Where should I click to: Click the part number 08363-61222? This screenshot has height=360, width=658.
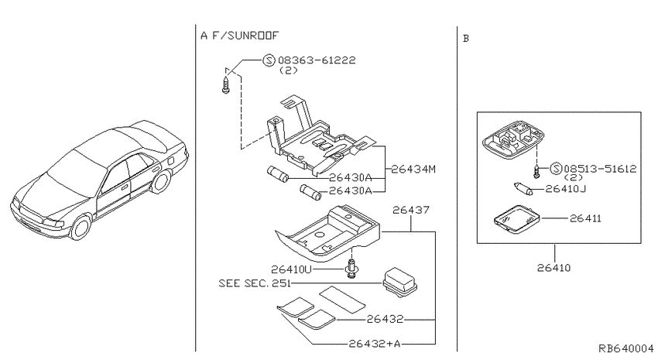coord(317,60)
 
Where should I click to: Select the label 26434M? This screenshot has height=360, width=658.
coord(413,169)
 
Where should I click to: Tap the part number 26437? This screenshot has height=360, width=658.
coord(411,210)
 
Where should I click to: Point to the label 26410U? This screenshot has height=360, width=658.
coord(291,269)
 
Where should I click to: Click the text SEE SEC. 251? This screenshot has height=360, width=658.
coord(255,283)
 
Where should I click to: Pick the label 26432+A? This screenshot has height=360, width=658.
coord(375,344)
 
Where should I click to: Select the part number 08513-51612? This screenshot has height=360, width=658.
coord(600,169)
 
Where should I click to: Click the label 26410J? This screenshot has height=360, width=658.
coord(566,189)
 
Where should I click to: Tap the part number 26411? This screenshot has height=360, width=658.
coord(585,218)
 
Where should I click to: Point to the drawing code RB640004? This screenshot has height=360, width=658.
coord(625,348)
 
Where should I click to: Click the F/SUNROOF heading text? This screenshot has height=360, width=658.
coord(245,36)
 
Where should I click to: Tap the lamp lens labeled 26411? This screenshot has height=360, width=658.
coord(516,218)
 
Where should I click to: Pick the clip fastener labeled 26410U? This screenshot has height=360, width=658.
coord(352,268)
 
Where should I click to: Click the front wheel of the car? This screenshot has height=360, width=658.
coord(81,227)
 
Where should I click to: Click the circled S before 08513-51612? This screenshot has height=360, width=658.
coord(556,169)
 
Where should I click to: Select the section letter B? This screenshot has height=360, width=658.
coord(466,39)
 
